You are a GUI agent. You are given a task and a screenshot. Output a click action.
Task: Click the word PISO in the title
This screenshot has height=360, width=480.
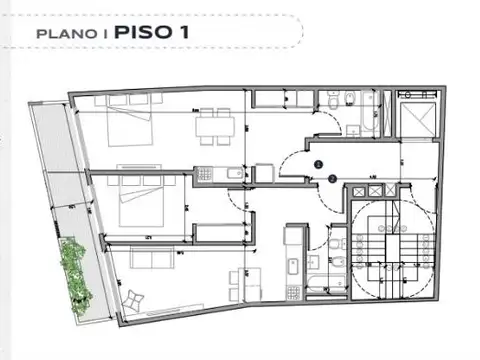[146, 31]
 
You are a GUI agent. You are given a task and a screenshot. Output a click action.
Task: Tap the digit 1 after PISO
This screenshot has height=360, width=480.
[185, 31]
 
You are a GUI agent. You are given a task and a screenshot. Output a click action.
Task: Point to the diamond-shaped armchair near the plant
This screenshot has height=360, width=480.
[134, 298]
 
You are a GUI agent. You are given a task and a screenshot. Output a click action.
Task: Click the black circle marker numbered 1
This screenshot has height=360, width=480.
[318, 163]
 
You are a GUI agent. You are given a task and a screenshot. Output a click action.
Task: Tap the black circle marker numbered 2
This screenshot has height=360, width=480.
[331, 178]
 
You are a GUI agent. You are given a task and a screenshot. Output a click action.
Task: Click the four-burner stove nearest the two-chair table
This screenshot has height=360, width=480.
[292, 266]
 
